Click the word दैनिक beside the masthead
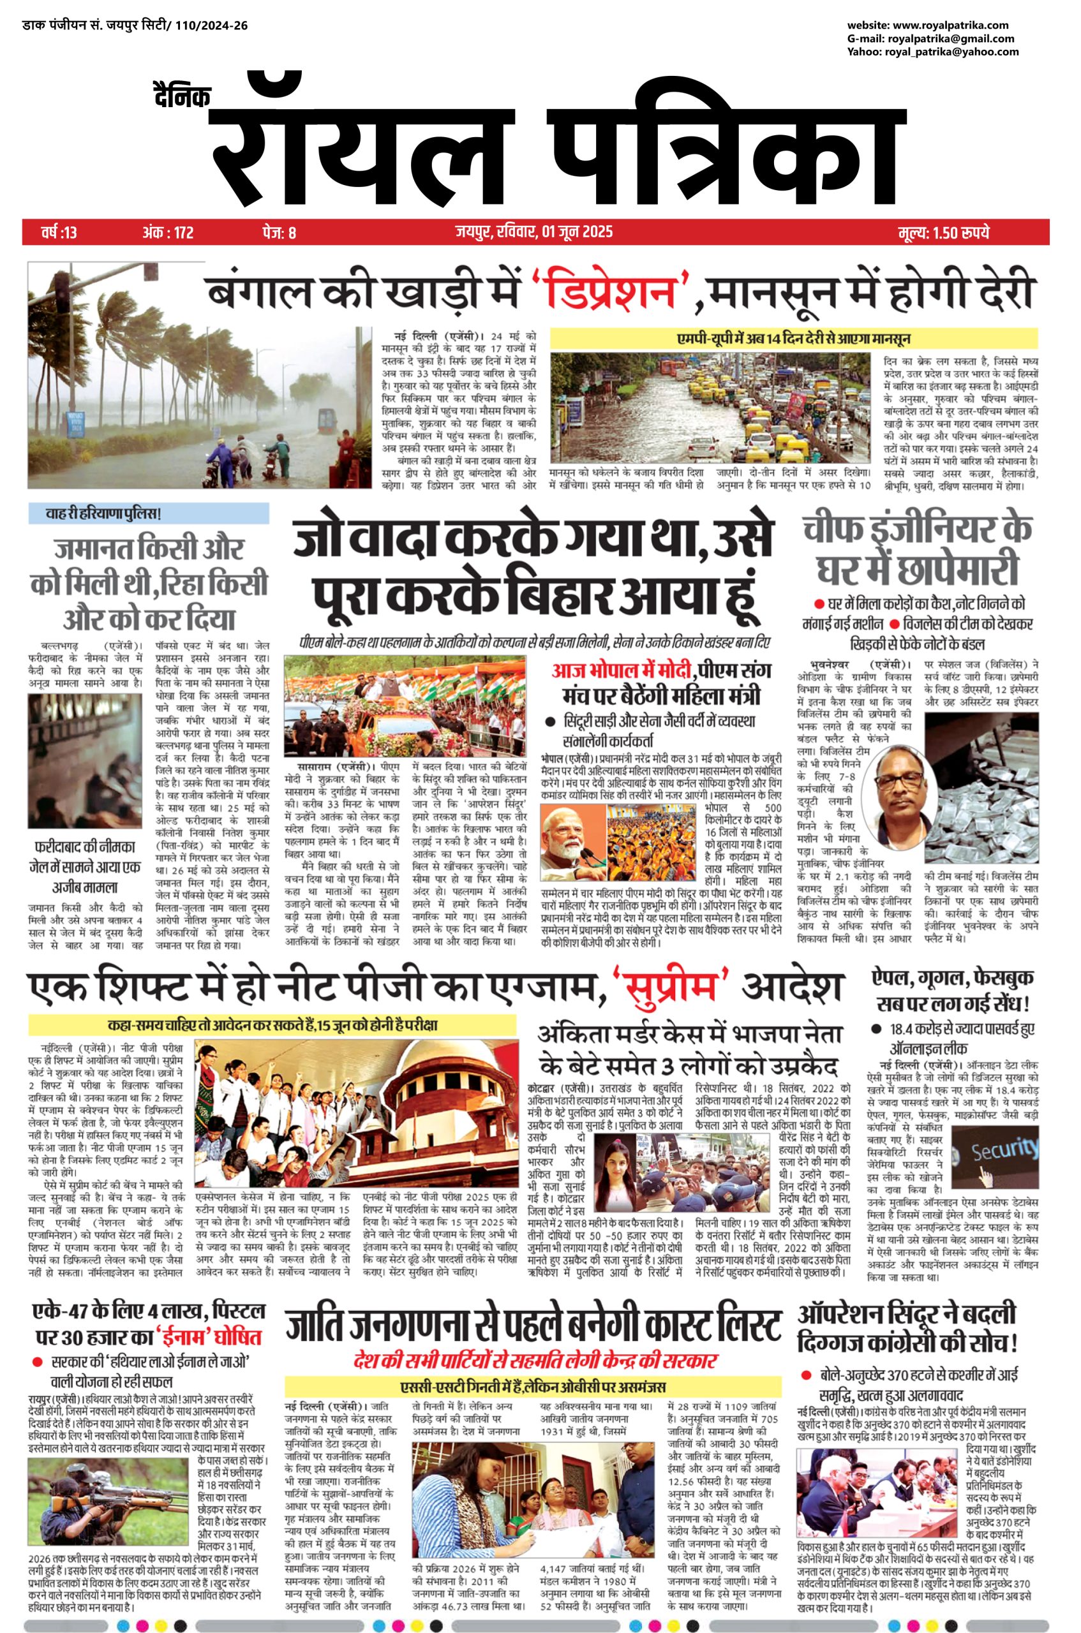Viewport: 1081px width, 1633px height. pyautogui.click(x=182, y=96)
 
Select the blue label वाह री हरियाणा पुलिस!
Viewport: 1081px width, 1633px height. pyautogui.click(x=103, y=514)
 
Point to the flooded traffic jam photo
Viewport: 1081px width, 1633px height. pyautogui.click(x=713, y=410)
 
